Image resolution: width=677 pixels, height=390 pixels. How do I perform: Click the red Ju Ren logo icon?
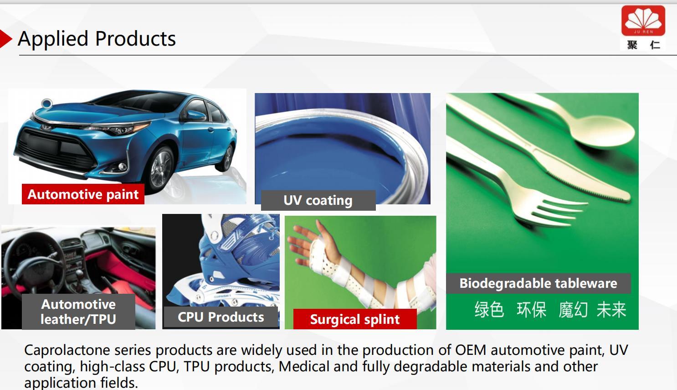click(x=643, y=21)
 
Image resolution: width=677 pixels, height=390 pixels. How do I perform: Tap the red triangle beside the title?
click(x=5, y=39)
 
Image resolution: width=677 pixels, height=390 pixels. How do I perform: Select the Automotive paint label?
click(x=83, y=194)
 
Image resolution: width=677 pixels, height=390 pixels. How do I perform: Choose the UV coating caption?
click(x=318, y=200)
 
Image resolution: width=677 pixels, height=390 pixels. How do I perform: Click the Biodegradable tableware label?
click(x=539, y=284)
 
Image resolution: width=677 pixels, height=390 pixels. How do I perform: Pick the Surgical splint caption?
click(x=355, y=319)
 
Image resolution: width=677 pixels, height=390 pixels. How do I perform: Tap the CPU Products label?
click(x=221, y=317)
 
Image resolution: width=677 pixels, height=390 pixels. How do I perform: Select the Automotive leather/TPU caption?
click(x=78, y=312)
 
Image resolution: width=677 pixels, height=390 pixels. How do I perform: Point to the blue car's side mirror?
click(x=195, y=115)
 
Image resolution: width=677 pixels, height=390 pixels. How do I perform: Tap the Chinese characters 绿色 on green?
click(x=489, y=310)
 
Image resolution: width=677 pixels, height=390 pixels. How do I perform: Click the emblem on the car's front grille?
click(x=47, y=127)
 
